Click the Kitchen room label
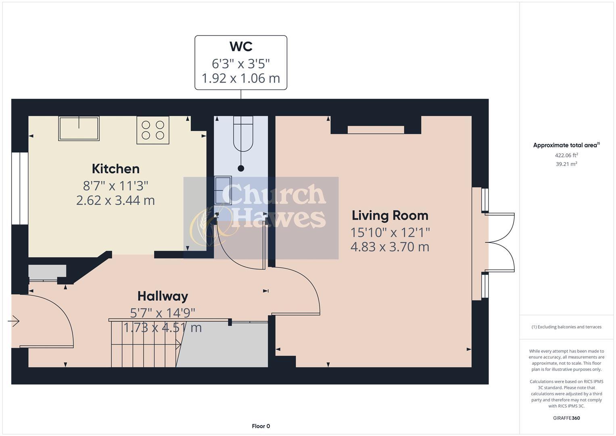pos(115,169)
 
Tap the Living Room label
pos(390,216)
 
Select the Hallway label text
pos(163,296)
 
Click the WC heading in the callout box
pos(241,46)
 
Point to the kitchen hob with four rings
pos(153,130)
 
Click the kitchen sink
pos(79,128)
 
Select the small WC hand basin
pos(223,190)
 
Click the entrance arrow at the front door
pos(14,321)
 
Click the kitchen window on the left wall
pos(19,188)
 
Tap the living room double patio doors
pos(499,242)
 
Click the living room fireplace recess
pos(376,130)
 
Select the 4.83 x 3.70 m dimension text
pos(390,247)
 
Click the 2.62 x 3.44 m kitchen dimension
pos(115,200)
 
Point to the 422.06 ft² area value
pos(566,155)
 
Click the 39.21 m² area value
pos(566,164)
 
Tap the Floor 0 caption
pos(261,426)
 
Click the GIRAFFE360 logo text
pos(566,418)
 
